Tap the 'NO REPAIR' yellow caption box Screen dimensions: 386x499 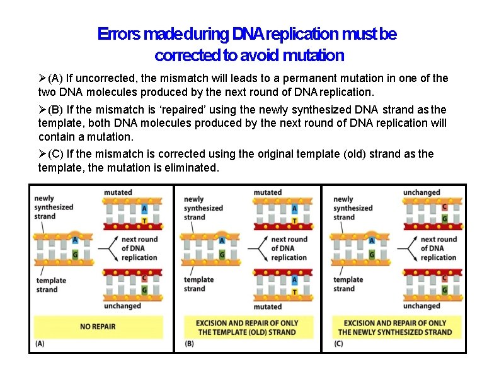click(98, 327)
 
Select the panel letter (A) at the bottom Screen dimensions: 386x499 click(40, 344)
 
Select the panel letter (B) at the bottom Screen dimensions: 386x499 click(189, 344)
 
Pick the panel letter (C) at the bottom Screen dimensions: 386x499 click(338, 344)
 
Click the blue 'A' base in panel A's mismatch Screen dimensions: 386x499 click(75, 240)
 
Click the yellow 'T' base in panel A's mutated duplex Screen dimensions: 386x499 click(144, 221)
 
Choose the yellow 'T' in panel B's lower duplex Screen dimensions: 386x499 click(294, 291)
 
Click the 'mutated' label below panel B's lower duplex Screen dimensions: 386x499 click(267, 307)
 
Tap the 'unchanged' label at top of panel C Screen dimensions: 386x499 click(422, 192)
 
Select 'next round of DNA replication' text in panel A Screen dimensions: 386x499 click(139, 248)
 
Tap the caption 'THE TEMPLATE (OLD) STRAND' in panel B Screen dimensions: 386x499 click(247, 332)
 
